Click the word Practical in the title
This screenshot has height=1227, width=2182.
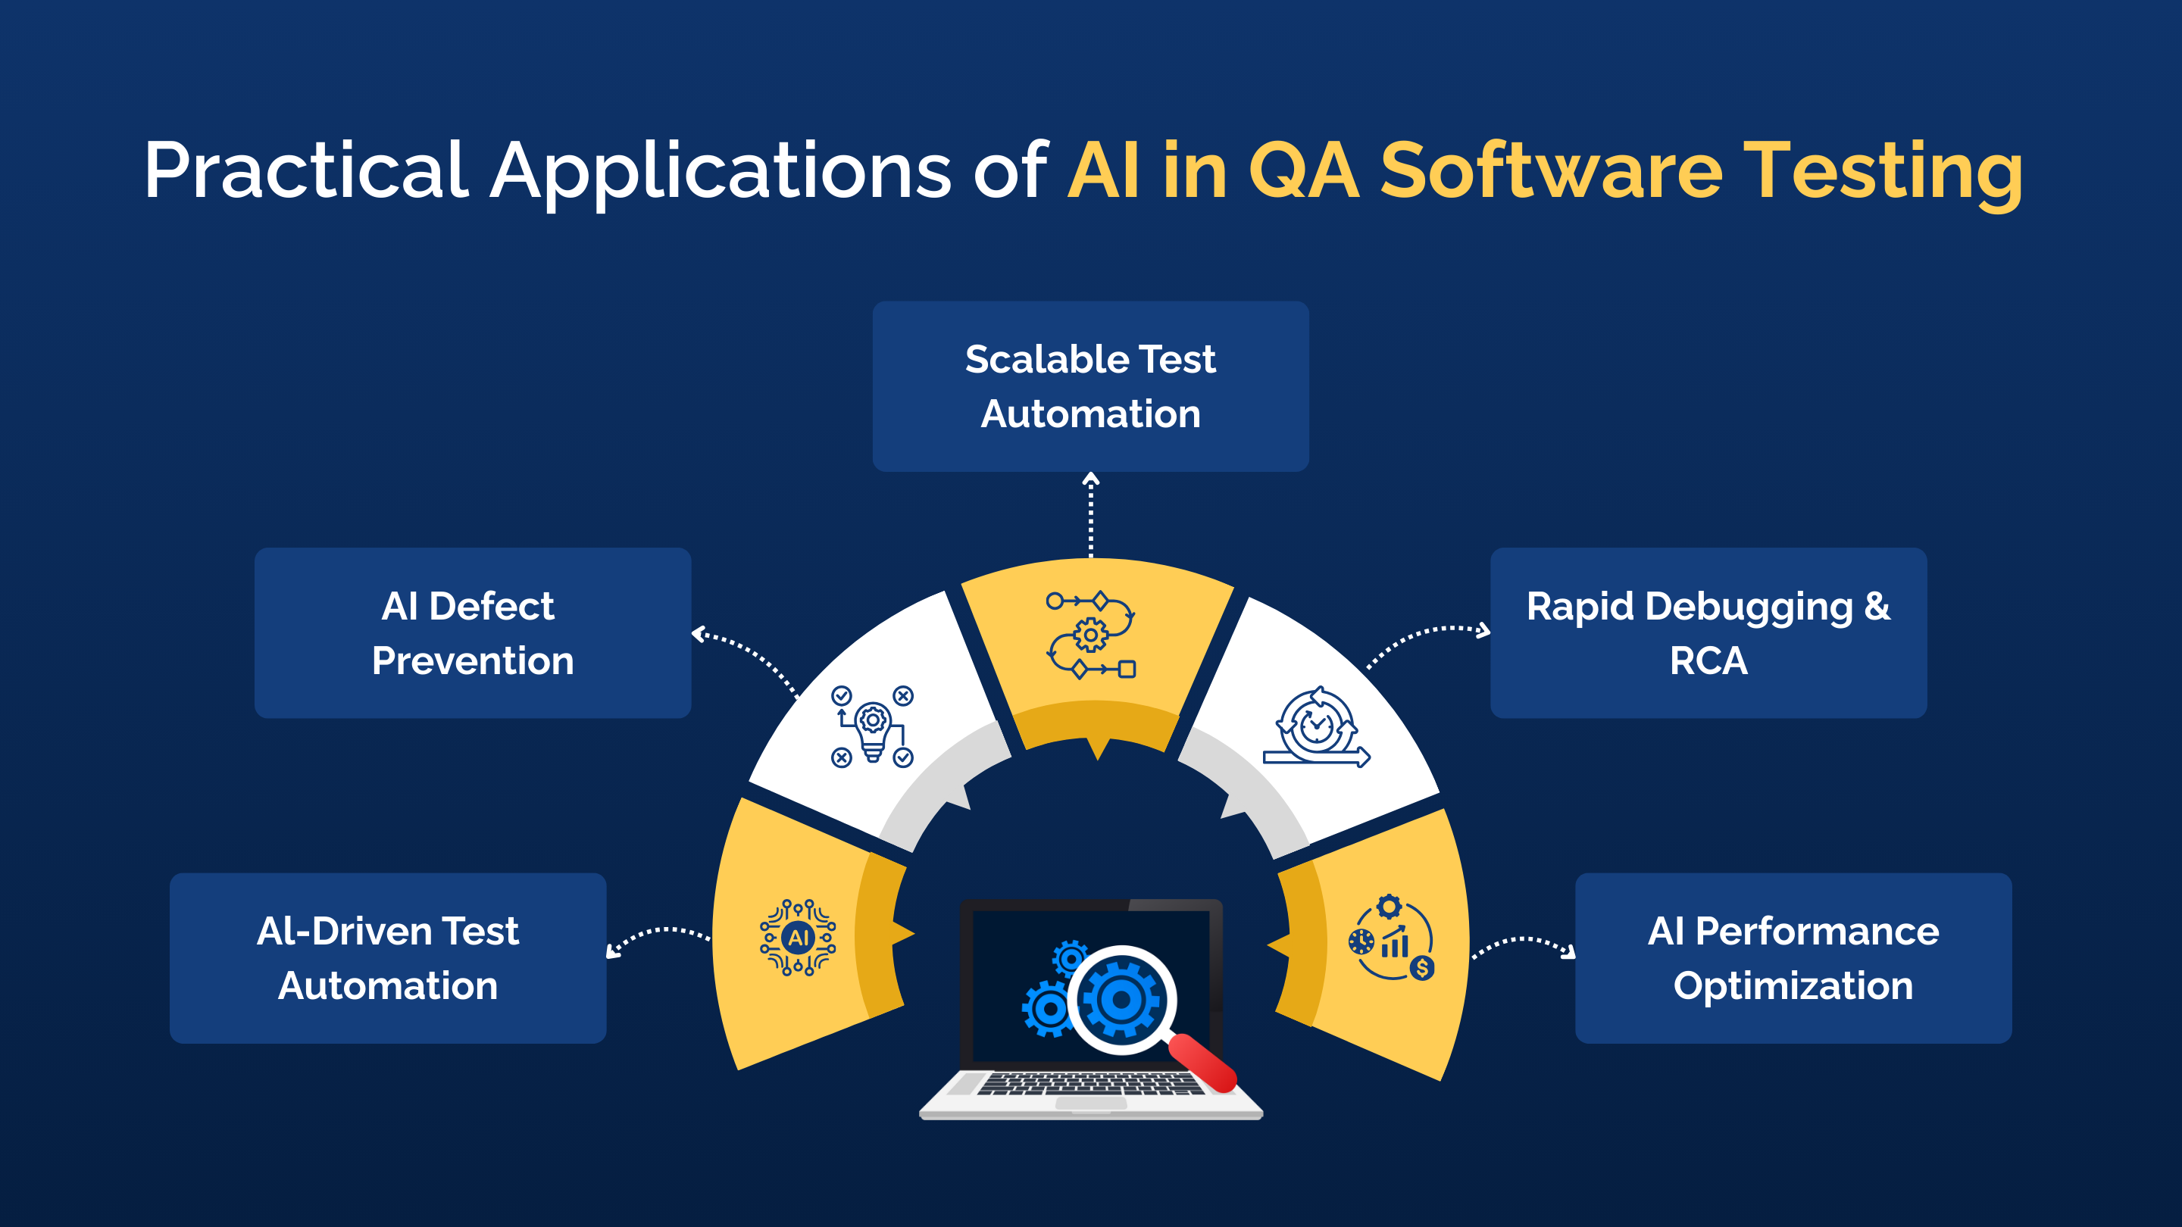click(305, 171)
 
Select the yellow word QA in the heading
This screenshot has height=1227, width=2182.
click(1304, 171)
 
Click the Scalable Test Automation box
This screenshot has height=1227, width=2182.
click(1090, 386)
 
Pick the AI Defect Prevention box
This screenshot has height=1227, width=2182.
click(473, 632)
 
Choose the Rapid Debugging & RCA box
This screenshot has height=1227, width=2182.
click(1708, 632)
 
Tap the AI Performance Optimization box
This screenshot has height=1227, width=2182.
click(1793, 957)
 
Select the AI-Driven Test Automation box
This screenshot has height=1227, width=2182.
click(388, 957)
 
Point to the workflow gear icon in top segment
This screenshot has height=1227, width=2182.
click(1091, 635)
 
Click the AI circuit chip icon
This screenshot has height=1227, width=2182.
click(798, 938)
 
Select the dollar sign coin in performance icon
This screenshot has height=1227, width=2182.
click(1422, 968)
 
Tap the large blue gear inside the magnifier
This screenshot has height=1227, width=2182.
click(1121, 1000)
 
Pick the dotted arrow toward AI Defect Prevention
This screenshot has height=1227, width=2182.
click(746, 656)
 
